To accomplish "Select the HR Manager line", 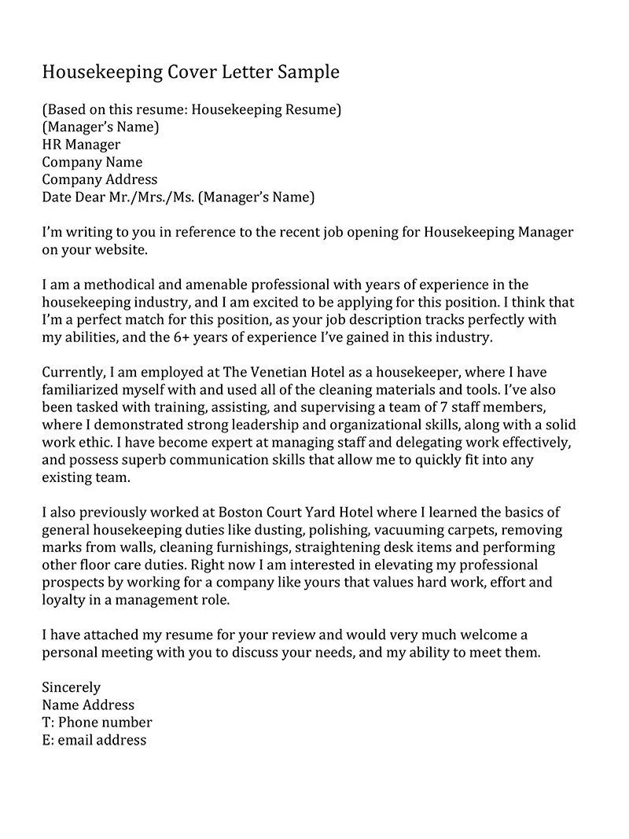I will point(81,145).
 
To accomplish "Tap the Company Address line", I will point(99,179).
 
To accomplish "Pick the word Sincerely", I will point(71,687).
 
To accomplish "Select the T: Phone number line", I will point(97,722).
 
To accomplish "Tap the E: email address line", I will point(94,740).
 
